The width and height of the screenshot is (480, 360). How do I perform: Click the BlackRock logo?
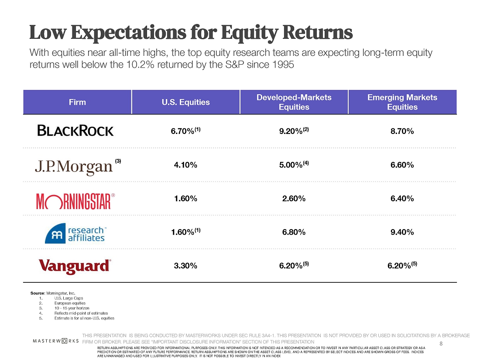tap(75, 130)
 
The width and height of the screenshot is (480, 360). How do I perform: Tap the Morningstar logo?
tap(75, 201)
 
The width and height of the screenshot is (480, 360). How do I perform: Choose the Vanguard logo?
tap(75, 266)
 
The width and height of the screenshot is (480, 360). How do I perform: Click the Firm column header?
tap(77, 102)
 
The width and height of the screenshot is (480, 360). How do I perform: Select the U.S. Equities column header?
tap(185, 102)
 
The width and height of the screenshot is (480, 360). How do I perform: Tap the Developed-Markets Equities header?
tap(294, 102)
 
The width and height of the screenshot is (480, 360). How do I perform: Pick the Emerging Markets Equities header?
tap(402, 102)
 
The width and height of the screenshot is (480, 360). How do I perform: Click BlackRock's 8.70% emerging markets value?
tap(402, 131)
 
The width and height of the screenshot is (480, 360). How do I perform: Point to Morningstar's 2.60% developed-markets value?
tap(294, 199)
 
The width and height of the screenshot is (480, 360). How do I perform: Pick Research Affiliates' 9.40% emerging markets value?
tap(402, 232)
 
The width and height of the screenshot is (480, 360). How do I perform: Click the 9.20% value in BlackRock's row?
tap(291, 131)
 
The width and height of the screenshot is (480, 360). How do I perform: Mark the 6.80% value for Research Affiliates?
tap(294, 232)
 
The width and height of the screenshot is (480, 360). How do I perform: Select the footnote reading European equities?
tap(70, 303)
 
